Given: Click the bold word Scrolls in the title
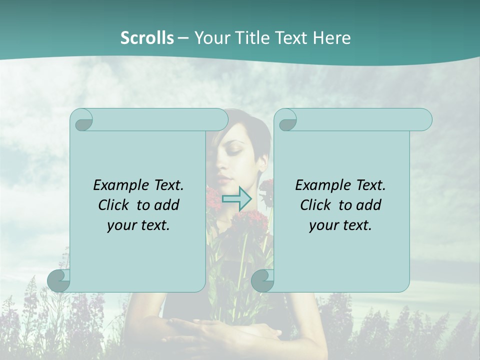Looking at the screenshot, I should pos(147,37).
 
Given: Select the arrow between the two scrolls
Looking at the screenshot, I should pos(236,199).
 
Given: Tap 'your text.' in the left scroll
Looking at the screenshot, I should pos(138,225).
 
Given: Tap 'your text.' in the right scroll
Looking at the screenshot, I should pos(340,225).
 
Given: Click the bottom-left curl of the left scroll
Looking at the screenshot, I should pos(59,280).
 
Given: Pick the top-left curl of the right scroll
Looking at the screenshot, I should pos(287,120).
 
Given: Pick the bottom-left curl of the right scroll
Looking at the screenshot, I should pos(263,280).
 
